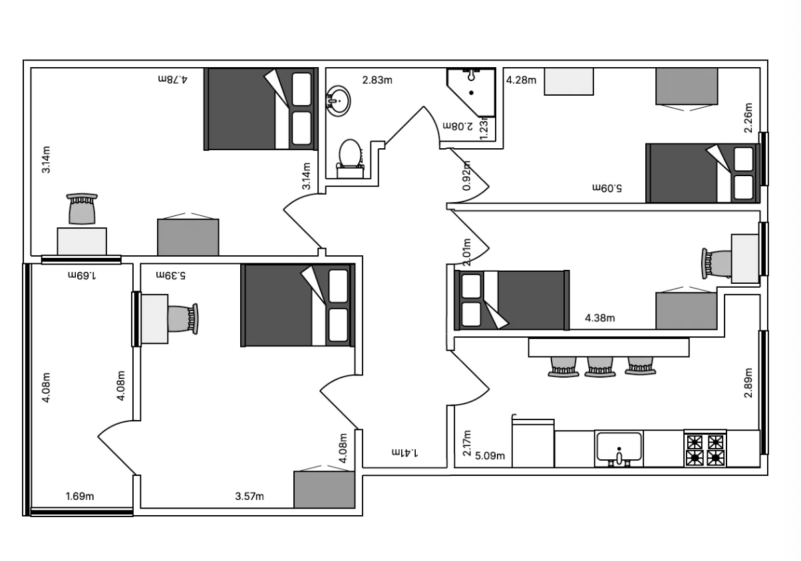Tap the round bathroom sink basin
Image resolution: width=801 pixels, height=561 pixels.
click(338, 101)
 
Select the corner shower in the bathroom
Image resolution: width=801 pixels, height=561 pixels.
click(471, 92)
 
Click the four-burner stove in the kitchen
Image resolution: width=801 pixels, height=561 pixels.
click(705, 449)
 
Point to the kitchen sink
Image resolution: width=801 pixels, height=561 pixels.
click(619, 449)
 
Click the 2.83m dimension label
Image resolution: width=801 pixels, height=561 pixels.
click(377, 80)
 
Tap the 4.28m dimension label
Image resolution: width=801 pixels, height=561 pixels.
click(521, 80)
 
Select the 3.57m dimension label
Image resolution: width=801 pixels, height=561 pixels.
click(249, 497)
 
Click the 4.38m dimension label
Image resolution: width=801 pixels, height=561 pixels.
click(599, 318)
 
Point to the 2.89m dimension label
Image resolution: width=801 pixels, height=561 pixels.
click(748, 383)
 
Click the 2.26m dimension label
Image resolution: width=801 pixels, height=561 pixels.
click(748, 118)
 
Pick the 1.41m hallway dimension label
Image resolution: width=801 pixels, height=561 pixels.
click(404, 453)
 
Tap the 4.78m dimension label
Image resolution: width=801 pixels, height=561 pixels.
click(173, 79)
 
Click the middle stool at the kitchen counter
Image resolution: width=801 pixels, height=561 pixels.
click(600, 367)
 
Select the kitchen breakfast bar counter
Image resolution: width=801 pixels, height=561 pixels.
click(609, 348)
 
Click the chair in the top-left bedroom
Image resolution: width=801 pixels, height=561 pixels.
click(82, 209)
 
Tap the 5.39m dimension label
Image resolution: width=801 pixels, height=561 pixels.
click(170, 275)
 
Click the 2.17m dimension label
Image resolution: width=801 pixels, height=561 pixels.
click(467, 443)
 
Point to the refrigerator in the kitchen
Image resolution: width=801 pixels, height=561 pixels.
click(533, 443)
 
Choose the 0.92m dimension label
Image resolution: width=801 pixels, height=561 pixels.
click(466, 175)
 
